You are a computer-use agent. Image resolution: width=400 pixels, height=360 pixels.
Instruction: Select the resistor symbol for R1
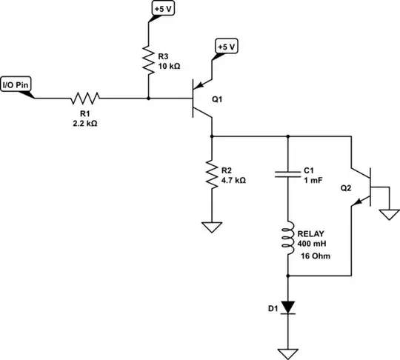pos(85,98)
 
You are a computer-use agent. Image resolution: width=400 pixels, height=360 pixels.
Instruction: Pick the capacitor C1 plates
pos(287,175)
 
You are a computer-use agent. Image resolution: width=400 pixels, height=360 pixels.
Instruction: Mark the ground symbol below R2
pos(213,227)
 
